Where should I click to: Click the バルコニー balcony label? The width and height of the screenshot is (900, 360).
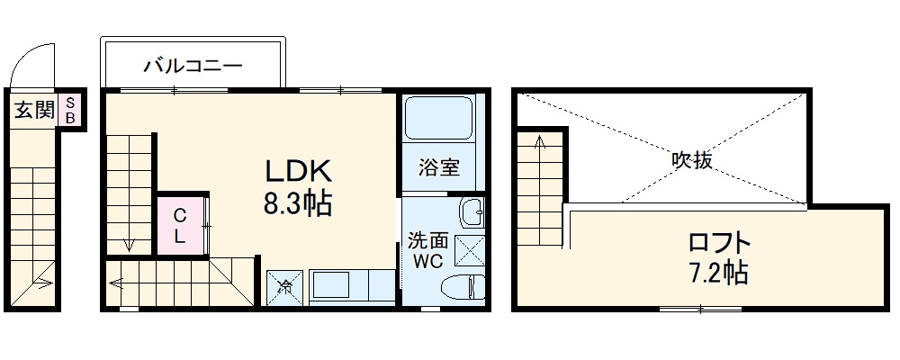193,66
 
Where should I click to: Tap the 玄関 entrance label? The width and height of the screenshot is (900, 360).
34,112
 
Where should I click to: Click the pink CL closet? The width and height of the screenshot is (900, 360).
180,226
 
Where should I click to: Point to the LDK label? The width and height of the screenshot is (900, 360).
298,171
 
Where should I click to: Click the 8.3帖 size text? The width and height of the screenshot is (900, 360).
298,205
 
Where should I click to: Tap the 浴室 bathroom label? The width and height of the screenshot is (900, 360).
440,167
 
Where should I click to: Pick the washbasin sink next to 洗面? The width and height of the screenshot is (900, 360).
472,213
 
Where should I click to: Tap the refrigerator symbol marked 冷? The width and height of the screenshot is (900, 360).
283,288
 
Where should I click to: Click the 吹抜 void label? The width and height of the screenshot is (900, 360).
692,160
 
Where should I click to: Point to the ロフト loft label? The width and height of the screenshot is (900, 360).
718,243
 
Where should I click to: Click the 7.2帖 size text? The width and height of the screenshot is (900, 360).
718,272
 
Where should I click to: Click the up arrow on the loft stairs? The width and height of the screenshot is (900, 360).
539,144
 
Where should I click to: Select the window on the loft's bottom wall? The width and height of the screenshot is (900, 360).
700,309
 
